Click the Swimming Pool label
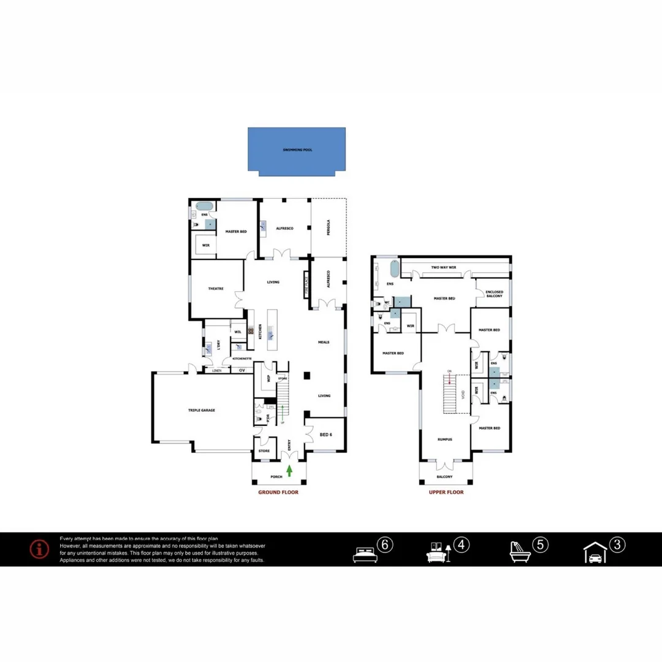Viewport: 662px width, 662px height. pos(297,150)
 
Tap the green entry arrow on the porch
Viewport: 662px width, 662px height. pos(289,471)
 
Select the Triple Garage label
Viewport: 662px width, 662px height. pos(201,410)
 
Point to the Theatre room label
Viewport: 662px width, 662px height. pos(215,289)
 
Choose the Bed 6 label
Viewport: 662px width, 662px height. pos(325,435)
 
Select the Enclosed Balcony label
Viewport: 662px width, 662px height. pos(494,294)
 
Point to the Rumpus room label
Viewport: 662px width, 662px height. pos(444,439)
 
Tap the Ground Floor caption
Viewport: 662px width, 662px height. pos(278,492)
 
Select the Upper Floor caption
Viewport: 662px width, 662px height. pos(446,492)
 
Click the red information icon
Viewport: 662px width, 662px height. pos(39,549)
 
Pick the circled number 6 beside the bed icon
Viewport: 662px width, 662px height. pos(385,544)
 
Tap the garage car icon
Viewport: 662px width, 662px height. pos(595,554)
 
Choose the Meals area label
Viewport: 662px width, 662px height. pos(324,342)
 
